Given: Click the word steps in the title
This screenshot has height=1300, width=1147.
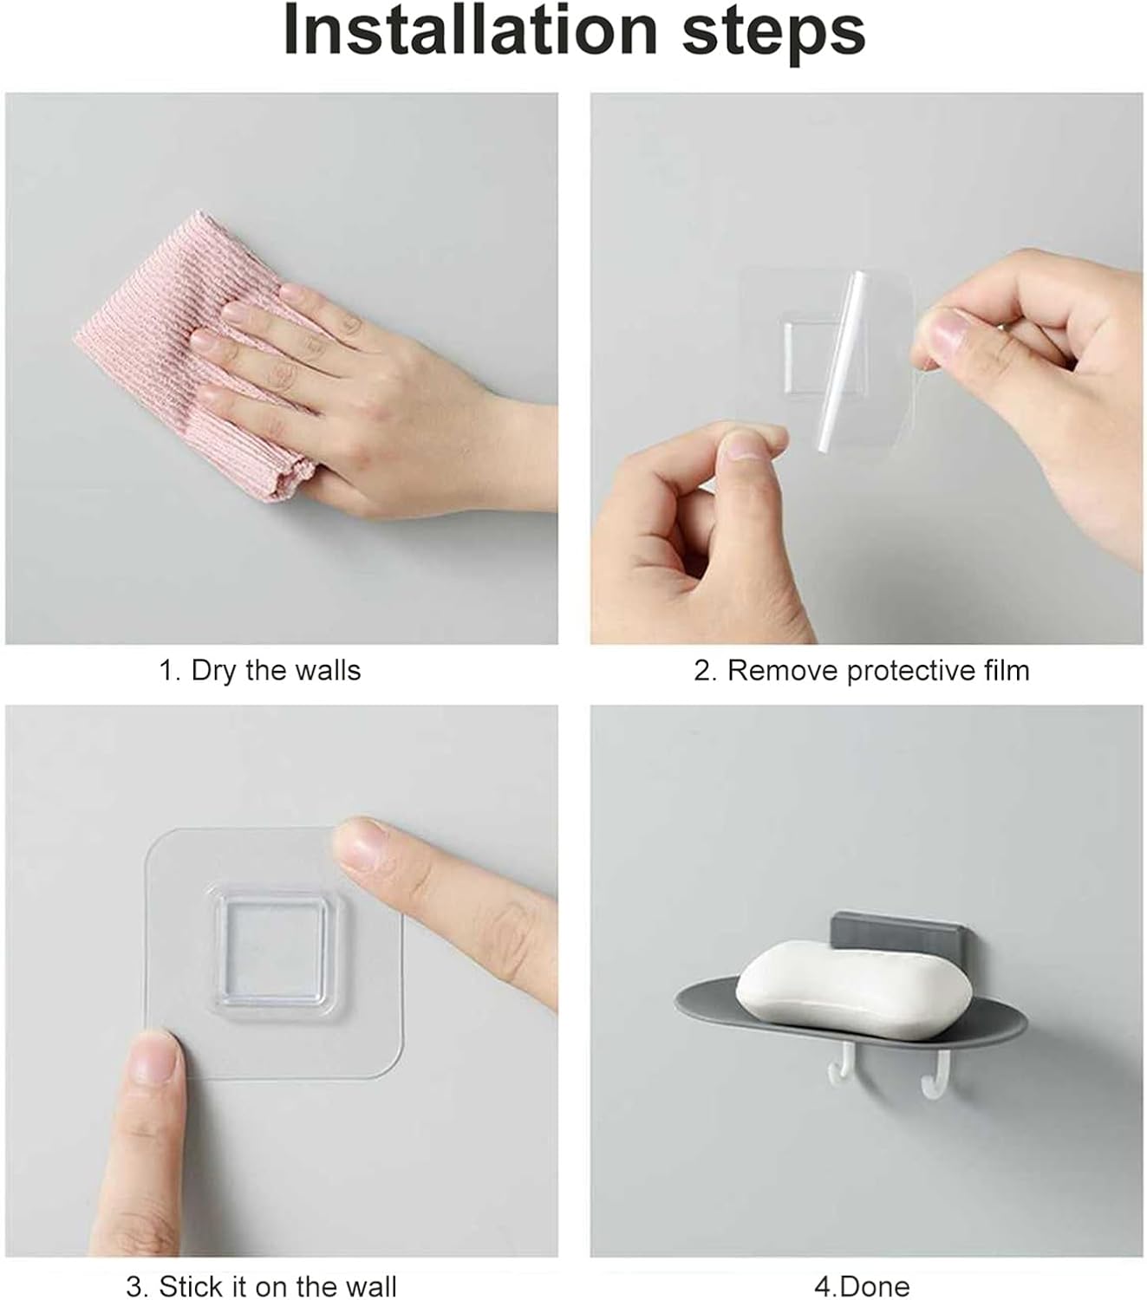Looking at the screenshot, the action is tap(773, 36).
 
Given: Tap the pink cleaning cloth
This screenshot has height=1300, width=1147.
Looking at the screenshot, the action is tap(192, 353).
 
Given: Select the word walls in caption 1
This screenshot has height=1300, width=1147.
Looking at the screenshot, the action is tap(328, 670).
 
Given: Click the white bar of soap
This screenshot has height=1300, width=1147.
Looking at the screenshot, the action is tap(853, 990).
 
